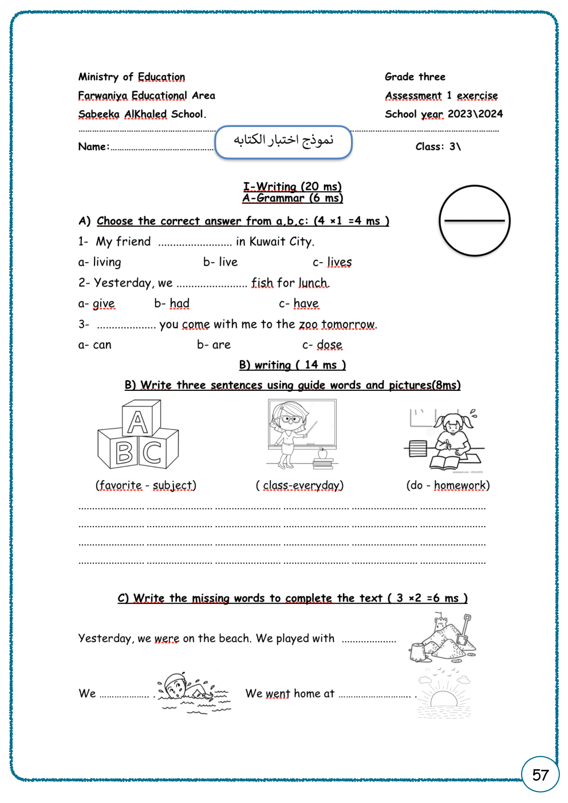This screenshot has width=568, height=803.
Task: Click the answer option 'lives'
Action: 339,262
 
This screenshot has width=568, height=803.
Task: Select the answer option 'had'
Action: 179,303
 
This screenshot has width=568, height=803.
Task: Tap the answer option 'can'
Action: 102,345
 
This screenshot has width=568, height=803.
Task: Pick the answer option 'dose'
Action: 329,345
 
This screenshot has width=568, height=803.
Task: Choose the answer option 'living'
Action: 107,262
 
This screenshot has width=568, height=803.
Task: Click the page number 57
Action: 540,775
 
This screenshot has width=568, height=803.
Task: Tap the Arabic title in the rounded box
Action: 283,141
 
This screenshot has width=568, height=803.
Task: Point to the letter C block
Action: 152,453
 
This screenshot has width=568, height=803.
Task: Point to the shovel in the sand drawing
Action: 464,630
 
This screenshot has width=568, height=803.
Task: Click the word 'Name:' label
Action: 93,147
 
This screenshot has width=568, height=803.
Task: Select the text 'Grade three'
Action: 415,77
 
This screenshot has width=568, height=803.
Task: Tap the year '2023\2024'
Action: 475,114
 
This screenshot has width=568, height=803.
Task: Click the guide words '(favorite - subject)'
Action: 145,485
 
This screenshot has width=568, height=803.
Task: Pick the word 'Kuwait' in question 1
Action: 267,242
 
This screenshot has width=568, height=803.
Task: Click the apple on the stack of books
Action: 322,453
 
